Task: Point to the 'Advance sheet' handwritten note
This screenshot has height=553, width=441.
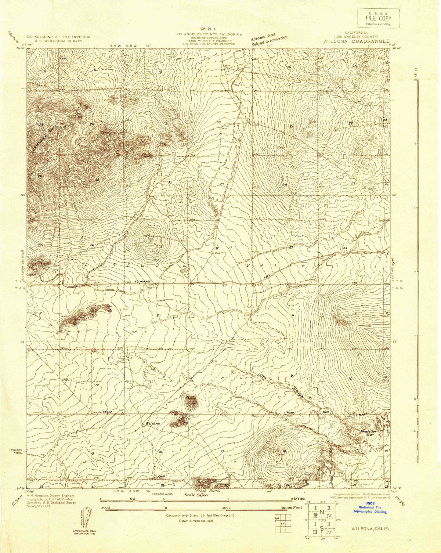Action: (263, 36)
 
